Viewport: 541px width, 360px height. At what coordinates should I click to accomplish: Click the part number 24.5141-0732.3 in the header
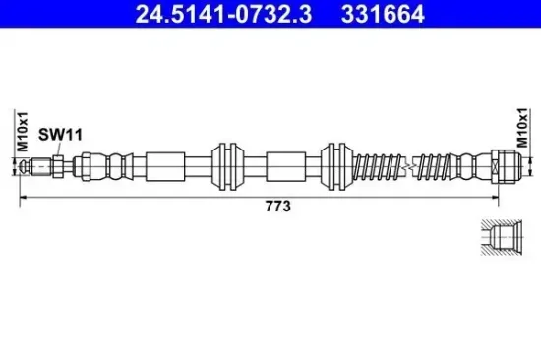coord(223,14)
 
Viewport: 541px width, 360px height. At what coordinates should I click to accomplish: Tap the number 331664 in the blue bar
coord(383,14)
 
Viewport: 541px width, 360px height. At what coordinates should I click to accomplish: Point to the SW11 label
coord(60,135)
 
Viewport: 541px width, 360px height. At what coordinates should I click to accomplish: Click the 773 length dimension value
coord(278,207)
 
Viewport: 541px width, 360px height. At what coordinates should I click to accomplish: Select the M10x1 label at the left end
coord(23,132)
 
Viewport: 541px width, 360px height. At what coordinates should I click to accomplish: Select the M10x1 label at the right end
coord(522,128)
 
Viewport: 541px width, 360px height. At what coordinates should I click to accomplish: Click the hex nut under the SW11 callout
coord(58,166)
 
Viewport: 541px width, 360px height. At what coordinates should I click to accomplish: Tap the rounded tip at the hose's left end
coord(24,166)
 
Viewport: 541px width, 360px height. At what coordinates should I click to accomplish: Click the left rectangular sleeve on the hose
coord(165,166)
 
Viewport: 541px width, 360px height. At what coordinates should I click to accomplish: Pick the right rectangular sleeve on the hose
coord(285,166)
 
